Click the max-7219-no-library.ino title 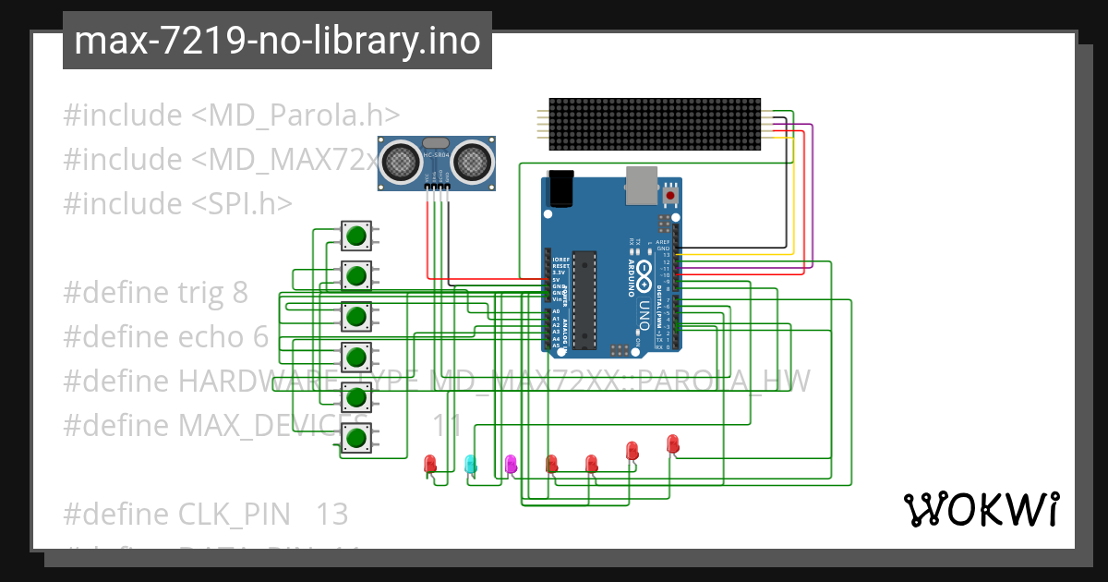[x=277, y=41]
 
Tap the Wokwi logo [x=980, y=509]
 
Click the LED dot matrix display [x=654, y=124]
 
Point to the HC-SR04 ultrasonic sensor [x=436, y=163]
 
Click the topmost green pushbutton [x=355, y=235]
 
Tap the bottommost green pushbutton [x=355, y=437]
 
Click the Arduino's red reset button [x=668, y=195]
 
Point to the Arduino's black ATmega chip [x=583, y=300]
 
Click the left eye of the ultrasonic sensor [x=400, y=161]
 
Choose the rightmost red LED [x=672, y=443]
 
